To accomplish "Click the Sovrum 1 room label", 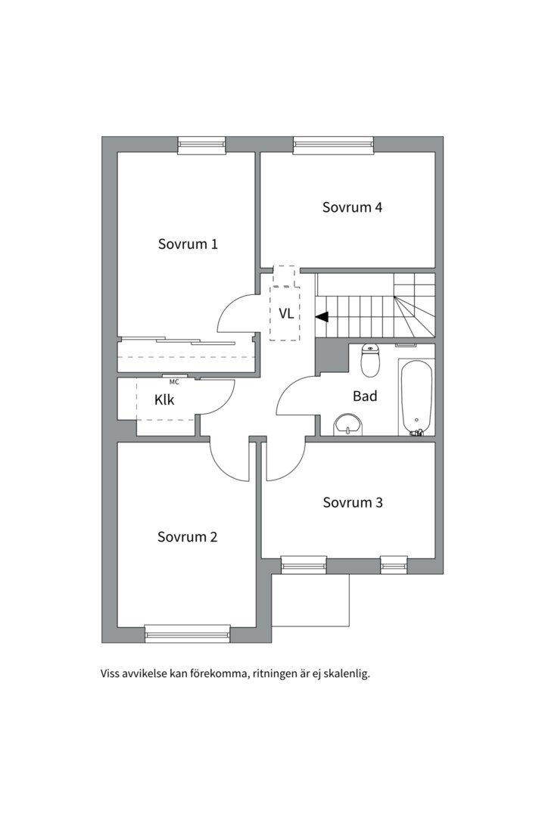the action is click(x=188, y=244).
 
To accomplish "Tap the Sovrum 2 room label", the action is click(x=187, y=536).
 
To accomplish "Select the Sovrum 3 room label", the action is click(x=353, y=502).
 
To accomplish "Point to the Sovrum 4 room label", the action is click(x=352, y=207).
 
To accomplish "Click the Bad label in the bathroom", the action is click(x=365, y=396).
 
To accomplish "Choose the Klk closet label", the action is click(x=164, y=399).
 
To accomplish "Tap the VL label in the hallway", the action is click(x=286, y=314).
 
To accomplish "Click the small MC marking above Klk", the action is click(x=174, y=382).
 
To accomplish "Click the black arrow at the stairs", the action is click(x=321, y=316).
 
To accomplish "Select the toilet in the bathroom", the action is click(x=371, y=361).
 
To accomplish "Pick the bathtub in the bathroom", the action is click(x=416, y=396).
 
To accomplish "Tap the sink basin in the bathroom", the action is click(x=348, y=424).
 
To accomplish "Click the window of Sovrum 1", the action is click(x=202, y=145).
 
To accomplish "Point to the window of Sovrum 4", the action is click(x=334, y=145).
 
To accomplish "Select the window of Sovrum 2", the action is click(x=187, y=634).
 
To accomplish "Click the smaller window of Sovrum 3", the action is click(x=394, y=565).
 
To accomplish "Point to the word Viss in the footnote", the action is click(x=110, y=674).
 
